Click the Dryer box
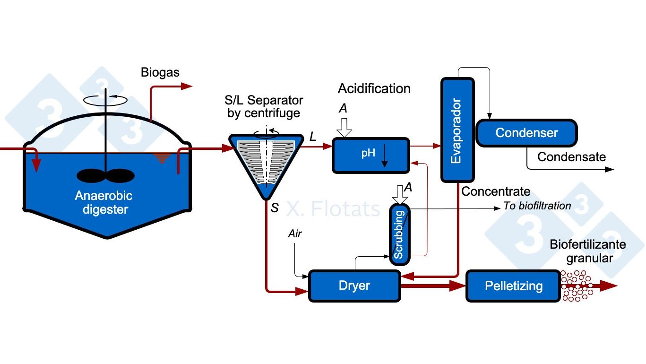click(x=354, y=286)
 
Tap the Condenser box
click(x=526, y=133)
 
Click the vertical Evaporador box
click(x=457, y=130)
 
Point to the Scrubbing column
click(x=400, y=234)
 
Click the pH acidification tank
click(x=371, y=155)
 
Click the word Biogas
click(x=160, y=73)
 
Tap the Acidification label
click(x=374, y=88)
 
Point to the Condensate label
click(x=571, y=157)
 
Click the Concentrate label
click(x=496, y=191)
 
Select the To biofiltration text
click(x=537, y=206)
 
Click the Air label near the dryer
click(x=295, y=234)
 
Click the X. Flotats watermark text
click(x=334, y=208)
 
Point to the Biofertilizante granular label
click(x=588, y=251)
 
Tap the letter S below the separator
click(x=275, y=208)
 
